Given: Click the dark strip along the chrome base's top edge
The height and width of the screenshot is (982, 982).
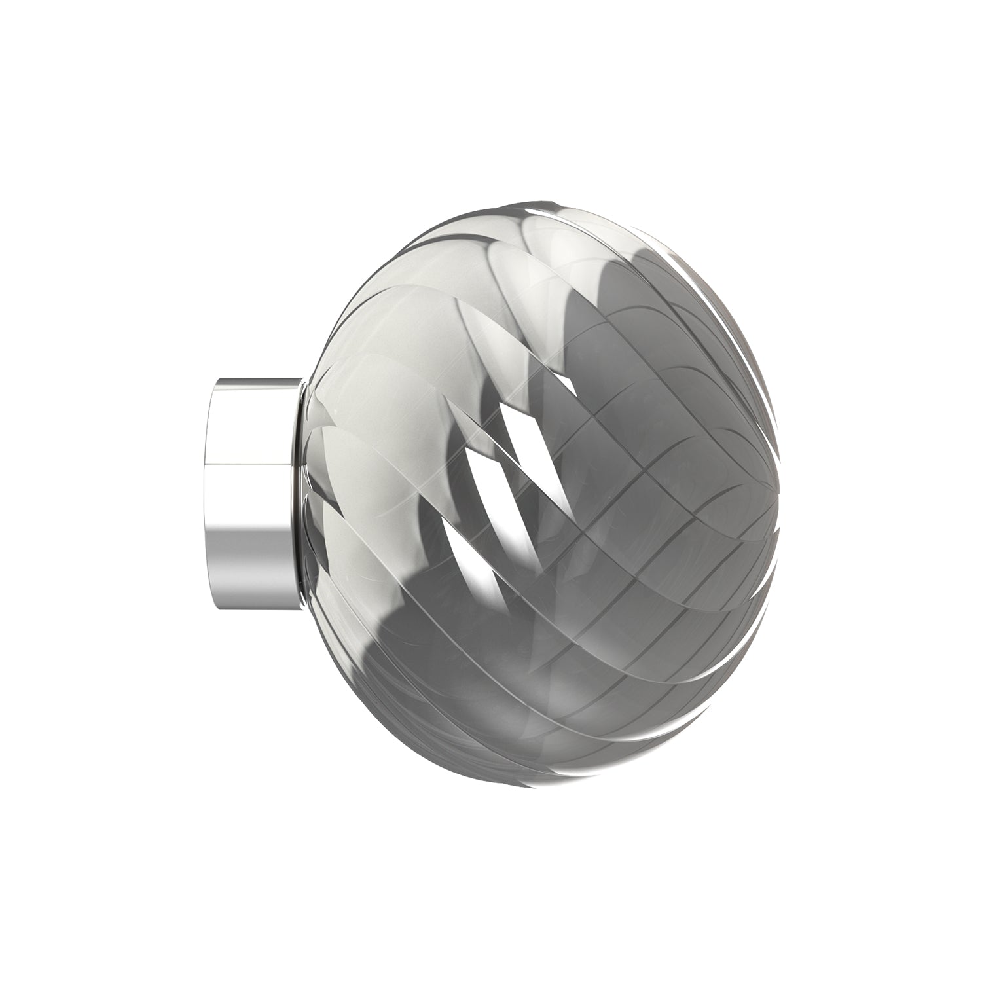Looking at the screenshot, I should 255,380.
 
